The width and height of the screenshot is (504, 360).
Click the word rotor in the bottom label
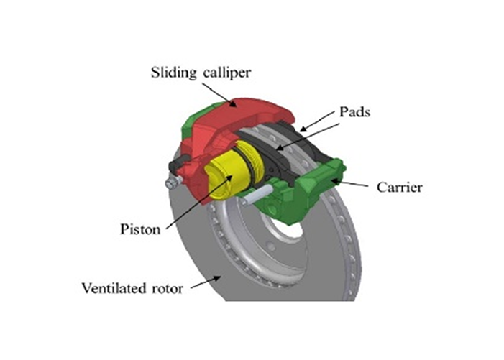pyautogui.click(x=169, y=288)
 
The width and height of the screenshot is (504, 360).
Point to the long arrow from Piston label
pyautogui.click(x=191, y=201)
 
